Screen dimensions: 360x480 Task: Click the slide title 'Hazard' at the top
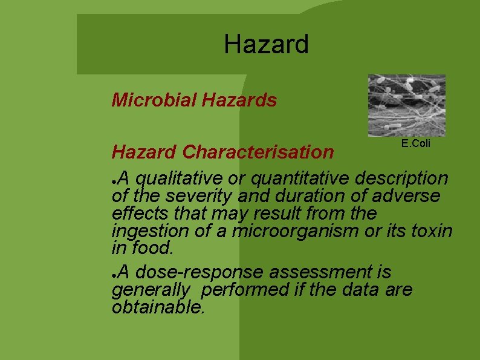[x=266, y=45]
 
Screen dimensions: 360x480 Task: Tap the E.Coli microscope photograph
[x=406, y=105]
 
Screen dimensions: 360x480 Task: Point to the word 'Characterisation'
[x=258, y=152]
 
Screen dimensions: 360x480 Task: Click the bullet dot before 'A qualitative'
[x=115, y=180]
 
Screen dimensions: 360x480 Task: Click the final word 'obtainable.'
[x=158, y=307]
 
